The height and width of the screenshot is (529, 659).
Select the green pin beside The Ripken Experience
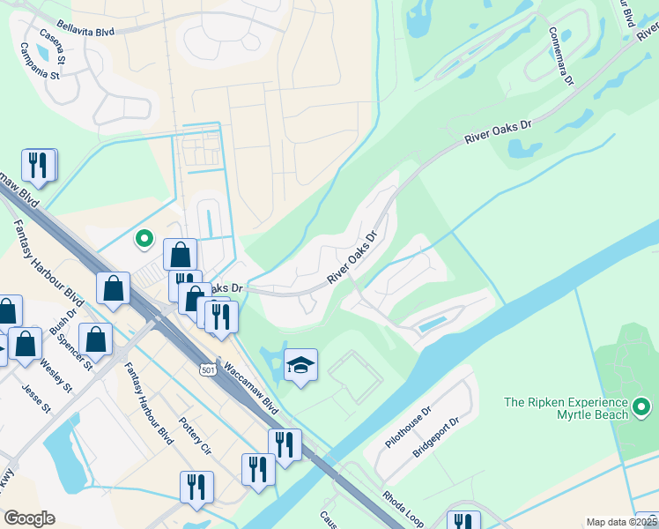point(642,408)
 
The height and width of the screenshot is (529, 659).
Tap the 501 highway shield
point(206,367)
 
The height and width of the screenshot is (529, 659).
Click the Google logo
point(30,518)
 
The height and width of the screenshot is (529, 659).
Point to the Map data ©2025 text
point(621,522)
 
